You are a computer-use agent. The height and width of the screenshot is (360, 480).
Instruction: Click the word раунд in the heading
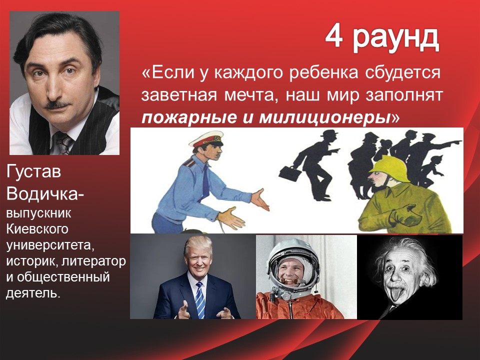tap(396, 40)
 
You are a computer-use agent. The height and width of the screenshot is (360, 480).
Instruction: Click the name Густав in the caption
tap(33, 172)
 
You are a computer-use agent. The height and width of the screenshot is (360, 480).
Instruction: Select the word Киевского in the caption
tap(37, 229)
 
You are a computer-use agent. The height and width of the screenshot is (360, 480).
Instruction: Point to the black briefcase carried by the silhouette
tap(289, 173)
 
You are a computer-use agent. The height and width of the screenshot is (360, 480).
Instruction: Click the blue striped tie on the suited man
tap(199, 300)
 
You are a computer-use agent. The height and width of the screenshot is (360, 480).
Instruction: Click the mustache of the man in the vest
tap(57, 104)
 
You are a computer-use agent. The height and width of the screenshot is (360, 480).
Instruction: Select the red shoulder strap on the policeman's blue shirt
tap(189, 162)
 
